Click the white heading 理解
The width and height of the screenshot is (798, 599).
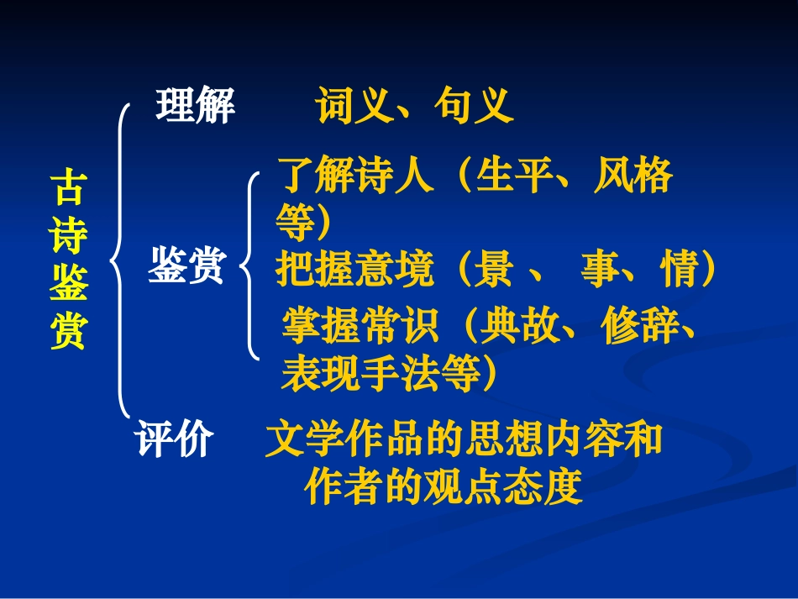(195, 108)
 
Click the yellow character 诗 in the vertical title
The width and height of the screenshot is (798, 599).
(67, 237)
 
